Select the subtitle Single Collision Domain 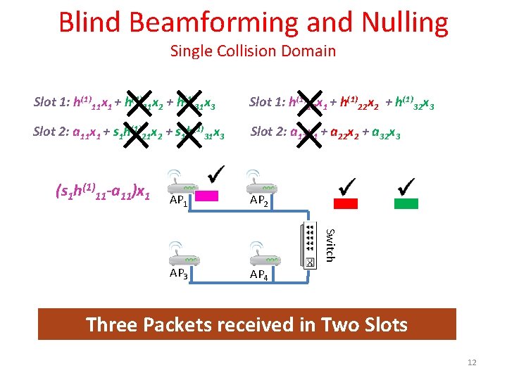(253, 51)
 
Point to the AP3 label (178, 273)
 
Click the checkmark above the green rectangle (406, 185)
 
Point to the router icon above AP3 (179, 250)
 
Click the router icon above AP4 (259, 252)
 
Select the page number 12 (472, 362)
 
